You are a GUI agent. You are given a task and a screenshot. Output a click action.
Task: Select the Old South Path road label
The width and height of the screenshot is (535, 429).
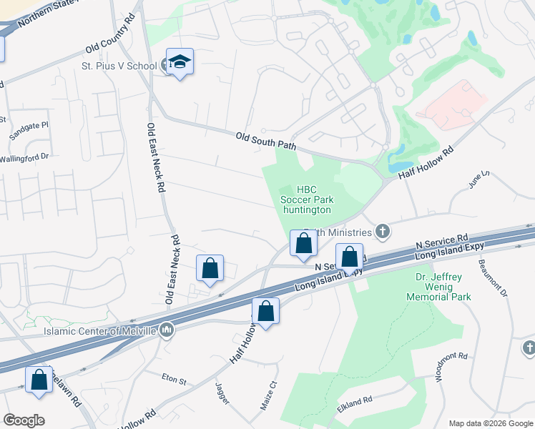click(x=266, y=141)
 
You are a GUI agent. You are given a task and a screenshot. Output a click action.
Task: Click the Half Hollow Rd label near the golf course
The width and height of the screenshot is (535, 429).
click(x=426, y=163)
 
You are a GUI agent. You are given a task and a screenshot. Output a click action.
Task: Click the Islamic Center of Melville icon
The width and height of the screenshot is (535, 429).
click(x=167, y=330)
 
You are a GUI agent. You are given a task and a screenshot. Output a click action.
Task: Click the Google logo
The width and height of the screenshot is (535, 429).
click(x=24, y=420)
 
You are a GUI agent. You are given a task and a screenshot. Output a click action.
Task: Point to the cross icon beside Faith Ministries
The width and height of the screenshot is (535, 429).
click(x=383, y=231)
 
